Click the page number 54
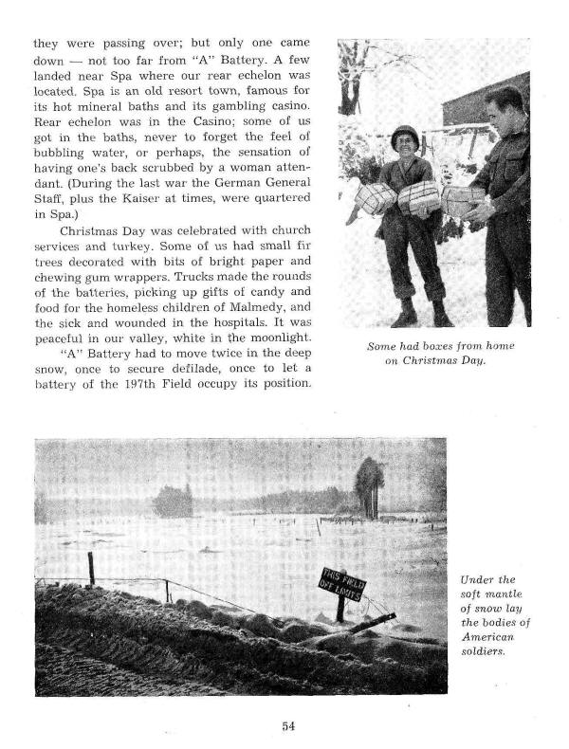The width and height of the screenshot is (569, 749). pos(288,726)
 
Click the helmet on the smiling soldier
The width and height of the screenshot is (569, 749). pos(404,136)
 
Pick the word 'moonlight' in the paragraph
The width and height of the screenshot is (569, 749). pos(288,338)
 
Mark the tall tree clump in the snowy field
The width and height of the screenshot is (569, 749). pos(370,485)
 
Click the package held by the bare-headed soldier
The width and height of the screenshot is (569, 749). pos(463,200)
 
